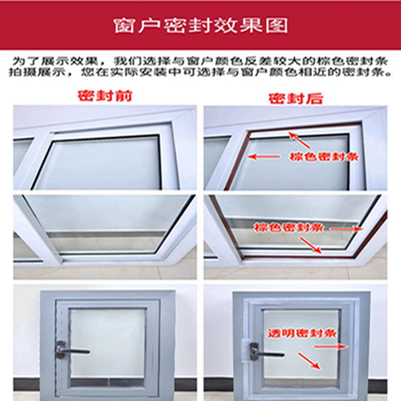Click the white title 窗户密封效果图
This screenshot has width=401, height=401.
201,25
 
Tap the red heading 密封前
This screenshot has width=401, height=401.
105,96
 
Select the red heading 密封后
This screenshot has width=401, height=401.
296,98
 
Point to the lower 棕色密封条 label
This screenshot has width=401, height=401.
289,227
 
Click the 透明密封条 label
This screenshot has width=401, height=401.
302,333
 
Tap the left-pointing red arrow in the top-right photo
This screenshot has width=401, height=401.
263,156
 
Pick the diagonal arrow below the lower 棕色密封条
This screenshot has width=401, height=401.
311,245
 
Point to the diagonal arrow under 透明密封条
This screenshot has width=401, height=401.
309,361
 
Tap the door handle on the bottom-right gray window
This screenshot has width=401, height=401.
266,353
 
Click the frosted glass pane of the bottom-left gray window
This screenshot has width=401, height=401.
108,343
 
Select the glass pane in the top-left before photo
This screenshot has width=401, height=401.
98,163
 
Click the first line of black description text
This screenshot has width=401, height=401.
201,61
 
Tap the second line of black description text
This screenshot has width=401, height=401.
201,73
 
